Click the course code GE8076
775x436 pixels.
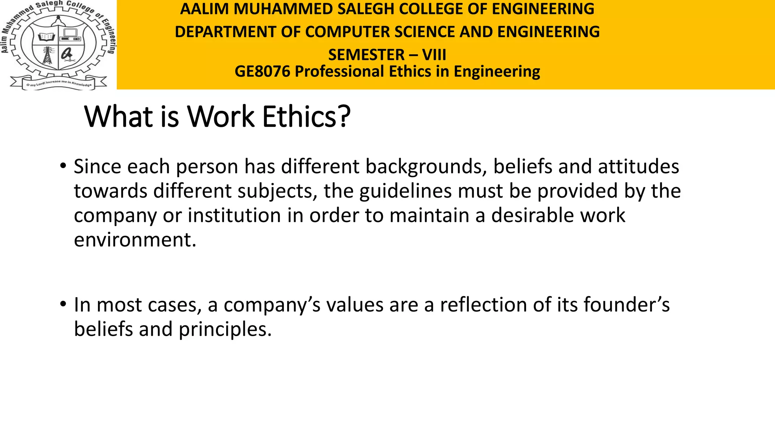(x=262, y=72)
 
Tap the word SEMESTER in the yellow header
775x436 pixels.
(x=366, y=55)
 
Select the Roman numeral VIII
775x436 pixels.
(x=434, y=55)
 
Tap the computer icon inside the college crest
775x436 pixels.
(x=70, y=35)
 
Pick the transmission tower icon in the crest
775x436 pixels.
(x=47, y=56)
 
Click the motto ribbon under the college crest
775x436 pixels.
(x=59, y=83)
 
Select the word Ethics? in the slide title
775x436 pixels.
(x=307, y=117)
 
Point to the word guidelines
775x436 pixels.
(x=405, y=191)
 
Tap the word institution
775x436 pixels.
(x=234, y=215)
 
